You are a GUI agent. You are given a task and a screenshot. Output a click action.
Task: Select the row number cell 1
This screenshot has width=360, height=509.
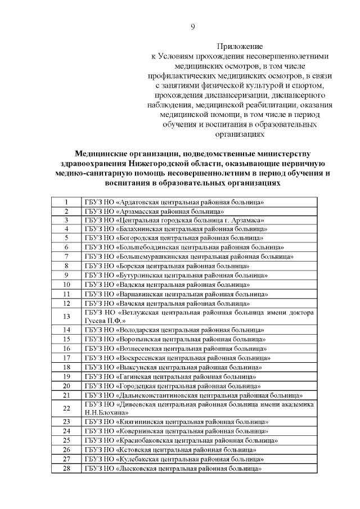[x=66, y=202]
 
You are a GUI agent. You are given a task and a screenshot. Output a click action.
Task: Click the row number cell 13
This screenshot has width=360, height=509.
[x=66, y=317]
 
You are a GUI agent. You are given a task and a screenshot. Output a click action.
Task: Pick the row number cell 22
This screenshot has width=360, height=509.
[x=66, y=408]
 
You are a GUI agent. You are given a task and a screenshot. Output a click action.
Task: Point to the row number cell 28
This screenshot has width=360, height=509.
[x=66, y=469]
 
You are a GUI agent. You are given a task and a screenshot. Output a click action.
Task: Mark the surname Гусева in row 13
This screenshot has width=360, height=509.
[x=97, y=321]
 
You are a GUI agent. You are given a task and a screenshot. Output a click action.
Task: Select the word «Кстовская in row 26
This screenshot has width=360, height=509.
[x=136, y=450]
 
